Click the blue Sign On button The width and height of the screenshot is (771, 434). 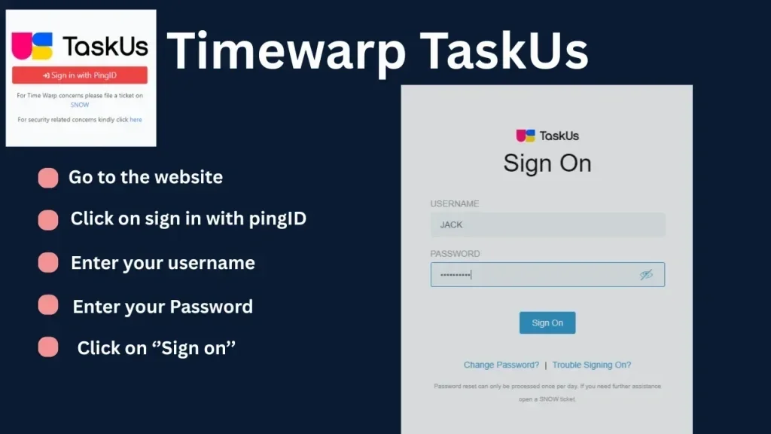point(547,322)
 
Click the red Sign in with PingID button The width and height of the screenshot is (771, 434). point(80,75)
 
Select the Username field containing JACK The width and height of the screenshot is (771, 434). point(547,225)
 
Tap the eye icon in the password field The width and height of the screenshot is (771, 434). point(646,275)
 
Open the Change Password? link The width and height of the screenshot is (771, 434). point(501,365)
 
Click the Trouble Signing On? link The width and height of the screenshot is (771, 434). point(592,365)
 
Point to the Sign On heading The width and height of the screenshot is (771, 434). point(547,164)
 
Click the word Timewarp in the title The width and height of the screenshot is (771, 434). point(287,52)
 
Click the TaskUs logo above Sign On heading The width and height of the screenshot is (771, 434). point(547,136)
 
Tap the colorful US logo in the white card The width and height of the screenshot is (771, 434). point(32,46)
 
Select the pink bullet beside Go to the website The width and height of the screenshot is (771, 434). point(48,178)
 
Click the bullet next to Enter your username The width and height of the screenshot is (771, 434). point(48,263)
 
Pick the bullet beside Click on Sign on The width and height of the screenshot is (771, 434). point(48,347)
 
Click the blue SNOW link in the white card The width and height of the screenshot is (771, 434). point(80,105)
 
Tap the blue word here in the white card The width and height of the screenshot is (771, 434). point(136,120)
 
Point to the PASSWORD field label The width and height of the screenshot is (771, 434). point(455,254)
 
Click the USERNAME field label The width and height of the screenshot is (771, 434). point(455,204)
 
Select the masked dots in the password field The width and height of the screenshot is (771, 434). point(454,275)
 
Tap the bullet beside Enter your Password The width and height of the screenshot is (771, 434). point(48,305)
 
